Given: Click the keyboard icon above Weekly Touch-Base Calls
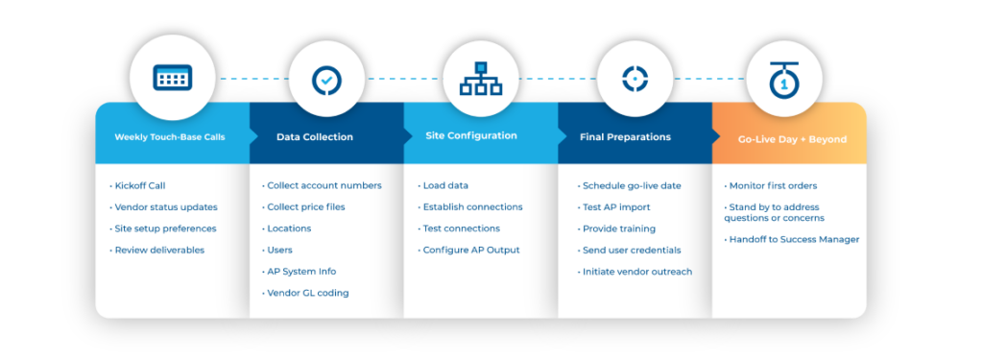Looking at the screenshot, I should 173,78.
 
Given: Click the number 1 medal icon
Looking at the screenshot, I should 786,79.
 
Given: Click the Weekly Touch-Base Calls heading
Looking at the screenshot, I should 170,137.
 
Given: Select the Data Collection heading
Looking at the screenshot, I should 315,137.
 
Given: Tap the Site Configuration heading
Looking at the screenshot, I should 471,136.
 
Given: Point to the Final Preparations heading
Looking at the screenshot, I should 625,137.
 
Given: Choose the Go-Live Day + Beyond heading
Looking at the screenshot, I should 792,139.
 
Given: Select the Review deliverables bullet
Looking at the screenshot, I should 158,250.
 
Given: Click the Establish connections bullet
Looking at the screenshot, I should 470,206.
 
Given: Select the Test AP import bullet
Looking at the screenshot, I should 615,206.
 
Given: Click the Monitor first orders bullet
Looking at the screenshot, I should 774,185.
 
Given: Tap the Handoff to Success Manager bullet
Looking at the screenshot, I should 792,239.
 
